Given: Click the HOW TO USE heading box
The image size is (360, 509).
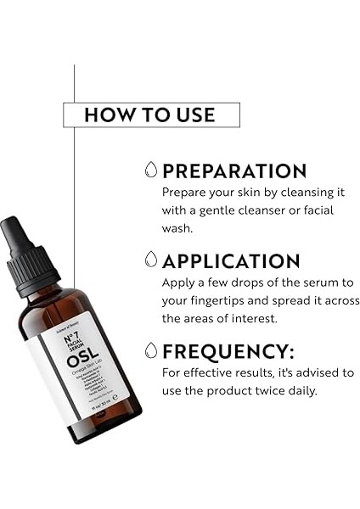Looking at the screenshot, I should pos(150,115).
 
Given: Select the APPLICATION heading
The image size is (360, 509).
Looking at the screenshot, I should pos(231,260).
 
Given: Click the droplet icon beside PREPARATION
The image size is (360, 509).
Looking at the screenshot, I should pos(151,169).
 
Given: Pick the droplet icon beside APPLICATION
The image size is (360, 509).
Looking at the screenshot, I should pos(151,260).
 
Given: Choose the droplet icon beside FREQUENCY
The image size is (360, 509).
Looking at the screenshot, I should pos(151,350).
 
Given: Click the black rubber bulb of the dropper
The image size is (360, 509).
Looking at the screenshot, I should pos(17,237).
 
